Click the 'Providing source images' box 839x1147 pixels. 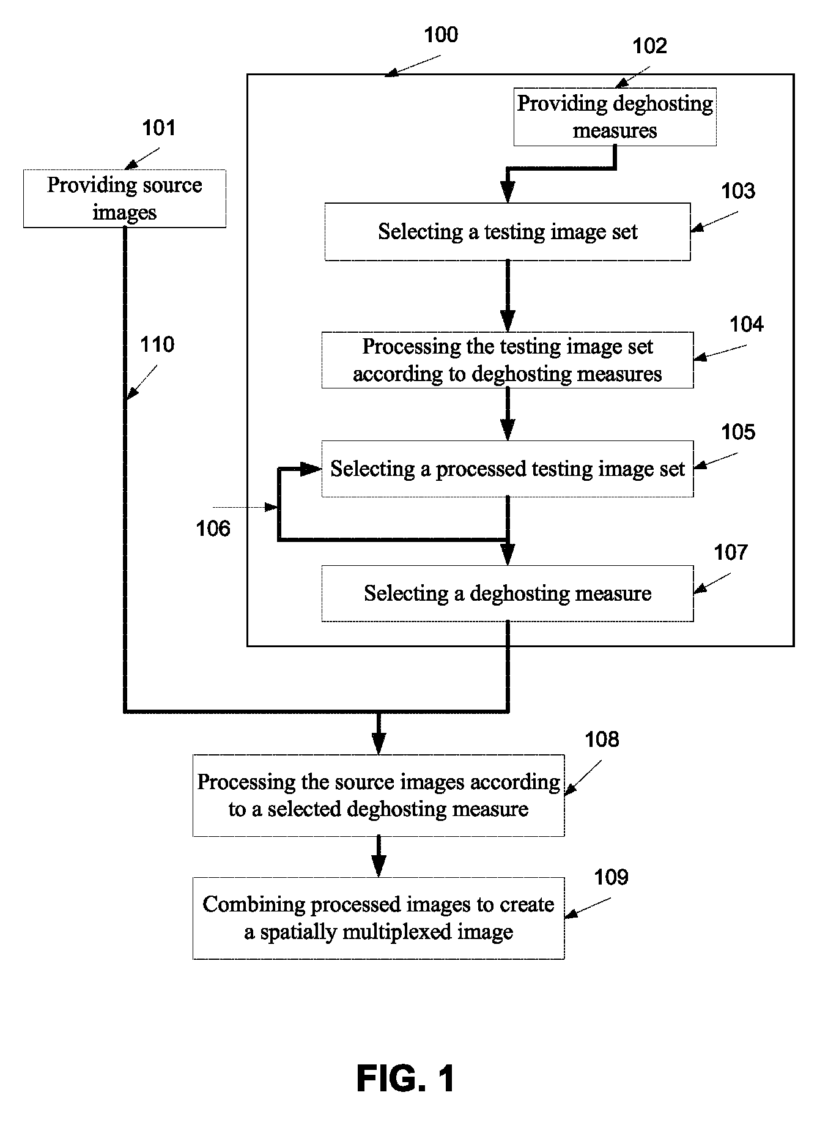coord(125,199)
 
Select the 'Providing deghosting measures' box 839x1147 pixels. coord(615,117)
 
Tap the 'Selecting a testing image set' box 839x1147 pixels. coord(508,232)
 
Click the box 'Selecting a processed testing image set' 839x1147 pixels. coord(508,469)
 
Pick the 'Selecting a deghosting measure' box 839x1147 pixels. coord(508,593)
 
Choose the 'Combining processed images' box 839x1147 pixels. coord(379,918)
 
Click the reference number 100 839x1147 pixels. coord(441,35)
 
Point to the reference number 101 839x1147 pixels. coord(159,128)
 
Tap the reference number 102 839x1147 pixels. coord(649,46)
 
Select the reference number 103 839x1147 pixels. coord(738,191)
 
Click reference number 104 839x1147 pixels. coord(747,324)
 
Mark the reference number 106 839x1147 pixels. coord(213,528)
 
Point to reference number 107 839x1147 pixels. coord(731,552)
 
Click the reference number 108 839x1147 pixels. coord(602,740)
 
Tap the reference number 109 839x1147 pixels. coord(612,877)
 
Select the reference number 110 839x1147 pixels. coord(158,345)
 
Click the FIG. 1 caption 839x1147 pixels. coord(406,1078)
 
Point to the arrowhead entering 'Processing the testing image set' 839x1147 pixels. coord(508,321)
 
